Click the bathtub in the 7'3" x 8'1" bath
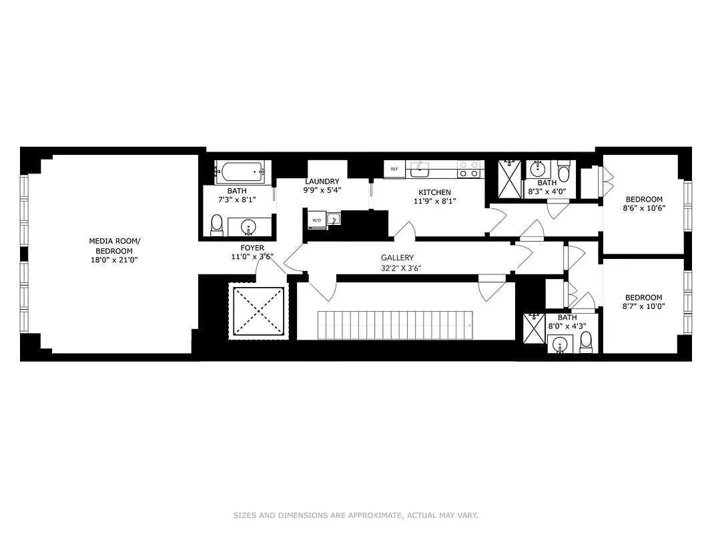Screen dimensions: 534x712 point(240,174)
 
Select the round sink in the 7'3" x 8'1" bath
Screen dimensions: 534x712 point(250,228)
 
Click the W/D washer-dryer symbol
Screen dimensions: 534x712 point(316,220)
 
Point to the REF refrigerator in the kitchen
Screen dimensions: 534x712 point(394,170)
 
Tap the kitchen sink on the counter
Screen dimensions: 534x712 point(420,170)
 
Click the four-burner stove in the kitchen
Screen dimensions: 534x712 point(470,169)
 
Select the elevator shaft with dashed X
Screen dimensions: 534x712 point(258,311)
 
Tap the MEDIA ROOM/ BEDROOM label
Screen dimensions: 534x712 point(115,246)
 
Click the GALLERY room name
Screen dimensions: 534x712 point(397,258)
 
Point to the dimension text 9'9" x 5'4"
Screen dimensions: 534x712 point(322,190)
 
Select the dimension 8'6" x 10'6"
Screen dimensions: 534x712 point(644,208)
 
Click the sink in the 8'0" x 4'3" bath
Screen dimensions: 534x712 point(559,344)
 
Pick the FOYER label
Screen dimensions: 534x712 point(252,248)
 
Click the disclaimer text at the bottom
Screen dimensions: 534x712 point(356,515)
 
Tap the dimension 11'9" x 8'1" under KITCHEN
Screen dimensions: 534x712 point(434,201)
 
